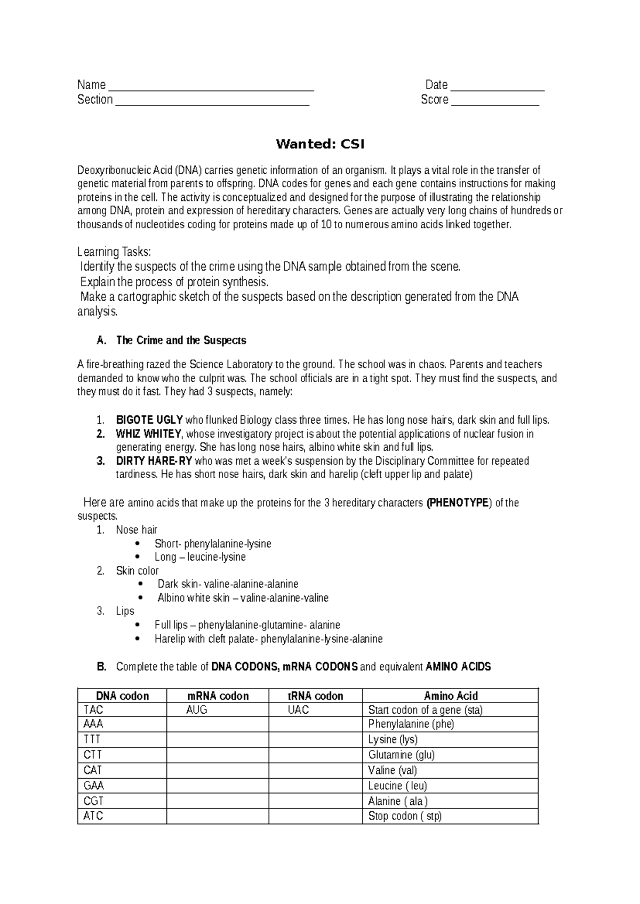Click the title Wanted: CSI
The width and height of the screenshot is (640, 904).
[x=320, y=144]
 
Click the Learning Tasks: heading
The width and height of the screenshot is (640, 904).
[x=114, y=252]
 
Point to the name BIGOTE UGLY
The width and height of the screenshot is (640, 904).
[x=149, y=420]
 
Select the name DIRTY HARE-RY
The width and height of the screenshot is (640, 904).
[x=154, y=461]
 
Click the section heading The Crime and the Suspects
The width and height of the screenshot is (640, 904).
[x=181, y=340]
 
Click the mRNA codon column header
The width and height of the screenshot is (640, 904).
[x=218, y=696]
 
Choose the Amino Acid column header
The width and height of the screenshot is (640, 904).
[x=451, y=696]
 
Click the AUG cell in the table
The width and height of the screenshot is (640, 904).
[x=197, y=710]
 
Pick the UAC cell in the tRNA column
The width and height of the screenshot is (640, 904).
[x=298, y=710]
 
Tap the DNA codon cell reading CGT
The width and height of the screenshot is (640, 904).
[x=93, y=801]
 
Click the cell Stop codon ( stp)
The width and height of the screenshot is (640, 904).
[x=405, y=816]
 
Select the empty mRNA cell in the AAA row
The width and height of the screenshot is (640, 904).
[x=218, y=724]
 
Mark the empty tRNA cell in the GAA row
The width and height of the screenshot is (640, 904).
[x=315, y=786]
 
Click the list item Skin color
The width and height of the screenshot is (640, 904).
[x=137, y=571]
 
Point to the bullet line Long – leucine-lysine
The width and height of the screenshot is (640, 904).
[x=200, y=557]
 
